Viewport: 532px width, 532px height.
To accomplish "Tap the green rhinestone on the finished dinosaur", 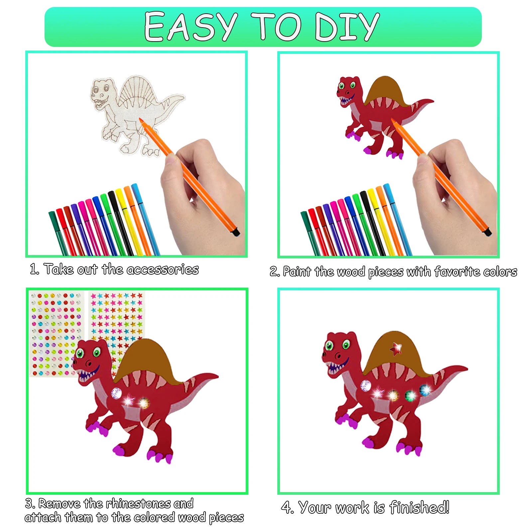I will [x=410, y=396].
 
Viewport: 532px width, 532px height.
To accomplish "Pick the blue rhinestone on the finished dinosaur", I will [x=425, y=390].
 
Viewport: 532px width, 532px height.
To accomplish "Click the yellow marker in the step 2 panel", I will [x=379, y=219].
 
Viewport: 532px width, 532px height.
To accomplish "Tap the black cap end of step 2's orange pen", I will [x=487, y=232].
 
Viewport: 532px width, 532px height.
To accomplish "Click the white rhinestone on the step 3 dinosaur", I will [x=116, y=393].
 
